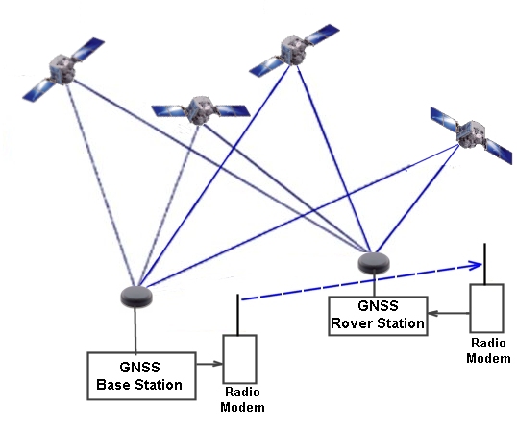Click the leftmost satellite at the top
pos(62,69)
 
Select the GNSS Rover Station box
pos(377,315)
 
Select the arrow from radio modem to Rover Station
pos(448,313)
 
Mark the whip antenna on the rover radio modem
pos(484,265)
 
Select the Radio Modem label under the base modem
pos(241,400)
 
